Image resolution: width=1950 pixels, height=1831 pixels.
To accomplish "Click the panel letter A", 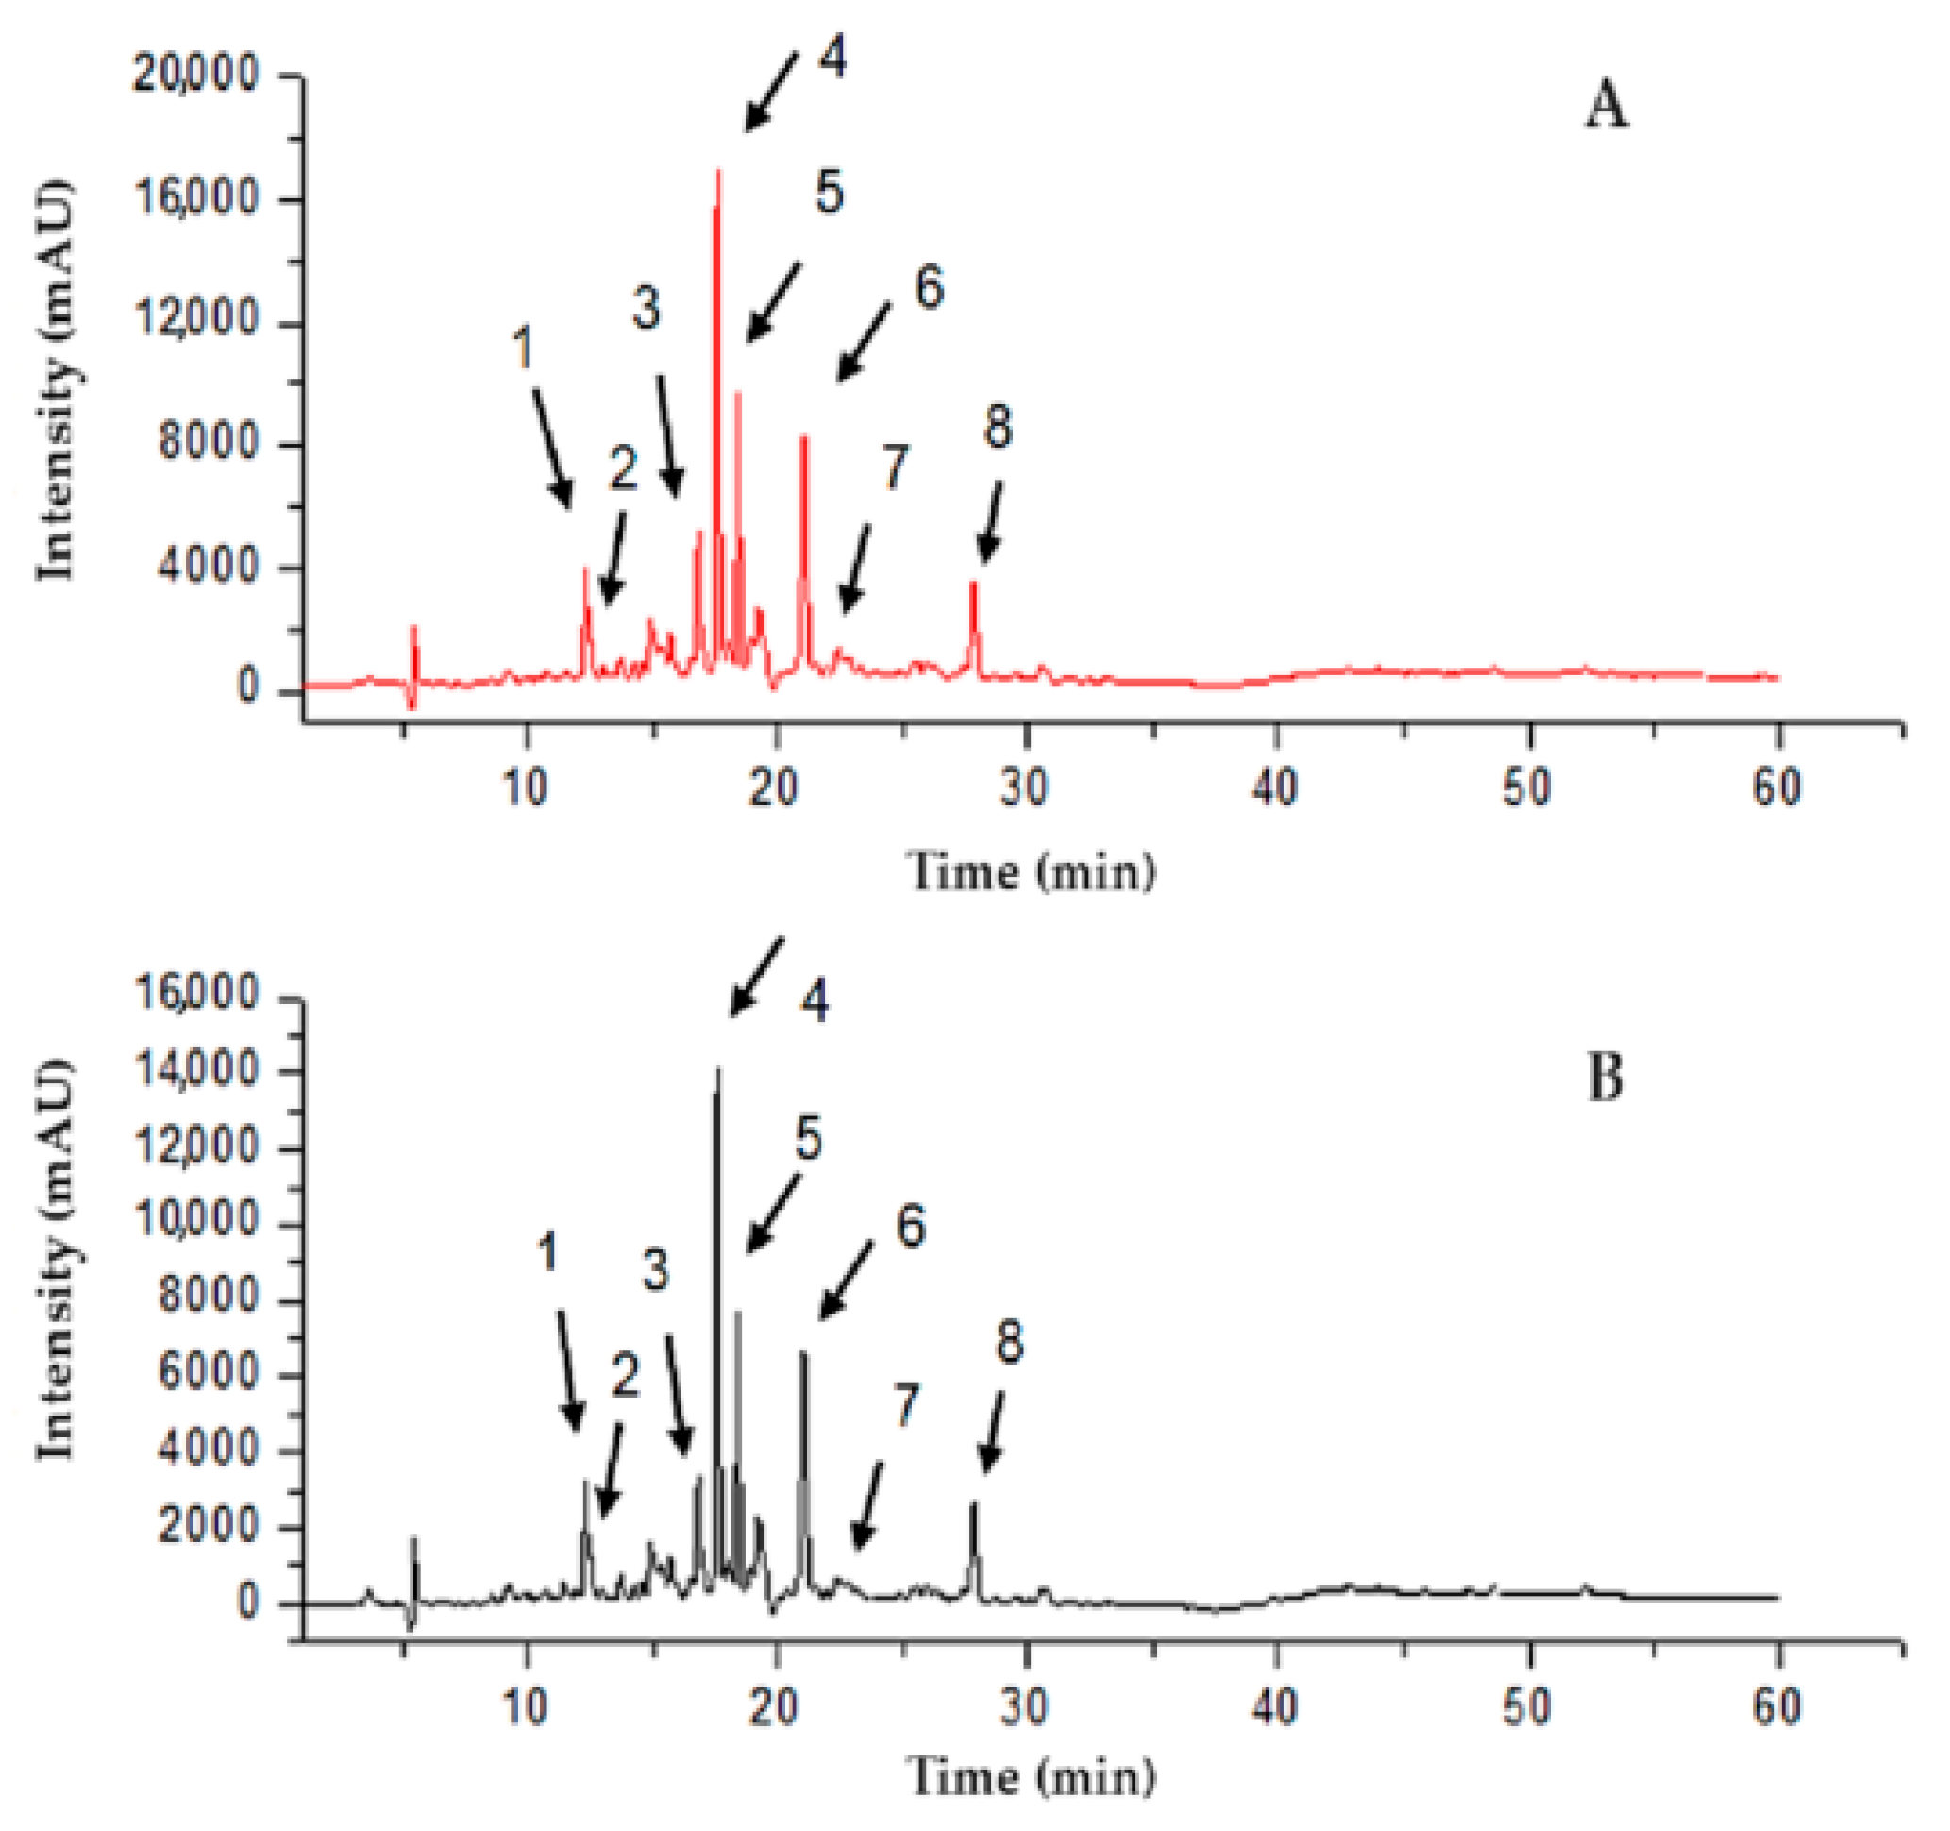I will [x=1605, y=106].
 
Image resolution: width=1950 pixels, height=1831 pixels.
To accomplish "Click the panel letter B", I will [x=1605, y=1077].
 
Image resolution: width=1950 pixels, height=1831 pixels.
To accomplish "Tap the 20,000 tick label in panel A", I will [x=196, y=75].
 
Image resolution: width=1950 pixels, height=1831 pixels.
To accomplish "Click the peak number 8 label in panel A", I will [x=998, y=427].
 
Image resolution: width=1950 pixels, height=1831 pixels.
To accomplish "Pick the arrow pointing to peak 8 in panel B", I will [x=993, y=1432].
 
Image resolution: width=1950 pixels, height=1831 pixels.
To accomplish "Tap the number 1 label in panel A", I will [x=523, y=348].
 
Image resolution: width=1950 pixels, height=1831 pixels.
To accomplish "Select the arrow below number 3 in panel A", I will [x=667, y=437].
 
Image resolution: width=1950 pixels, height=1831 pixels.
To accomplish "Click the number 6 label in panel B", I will [x=910, y=1227].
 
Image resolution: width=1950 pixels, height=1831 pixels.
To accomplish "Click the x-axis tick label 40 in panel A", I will [x=1274, y=787].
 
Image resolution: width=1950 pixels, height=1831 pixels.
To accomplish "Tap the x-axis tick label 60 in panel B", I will [x=1776, y=1706].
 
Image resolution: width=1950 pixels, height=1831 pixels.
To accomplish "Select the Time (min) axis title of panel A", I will [x=1032, y=872].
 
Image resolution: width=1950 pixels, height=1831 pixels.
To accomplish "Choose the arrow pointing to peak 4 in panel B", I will [x=756, y=977].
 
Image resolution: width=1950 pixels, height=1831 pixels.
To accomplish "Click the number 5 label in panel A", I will [x=829, y=193].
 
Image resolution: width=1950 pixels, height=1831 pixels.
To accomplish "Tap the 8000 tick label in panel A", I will [x=208, y=445].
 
